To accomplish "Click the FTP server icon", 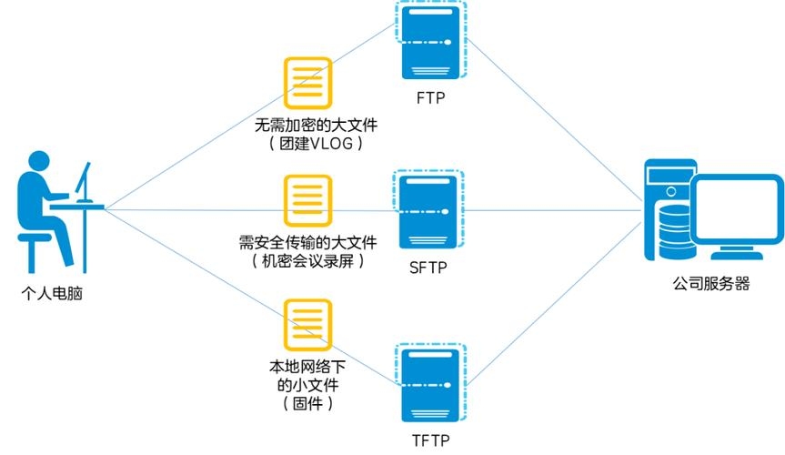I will point(430,41).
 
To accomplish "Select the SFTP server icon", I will point(429,210).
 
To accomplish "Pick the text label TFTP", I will point(430,440).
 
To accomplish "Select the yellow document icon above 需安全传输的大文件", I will point(307,200).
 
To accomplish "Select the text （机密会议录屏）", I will point(307,261).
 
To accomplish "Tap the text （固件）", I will point(307,402).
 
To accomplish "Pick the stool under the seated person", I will point(35,246).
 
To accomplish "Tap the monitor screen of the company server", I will point(736,214).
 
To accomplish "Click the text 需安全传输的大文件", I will point(307,242).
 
